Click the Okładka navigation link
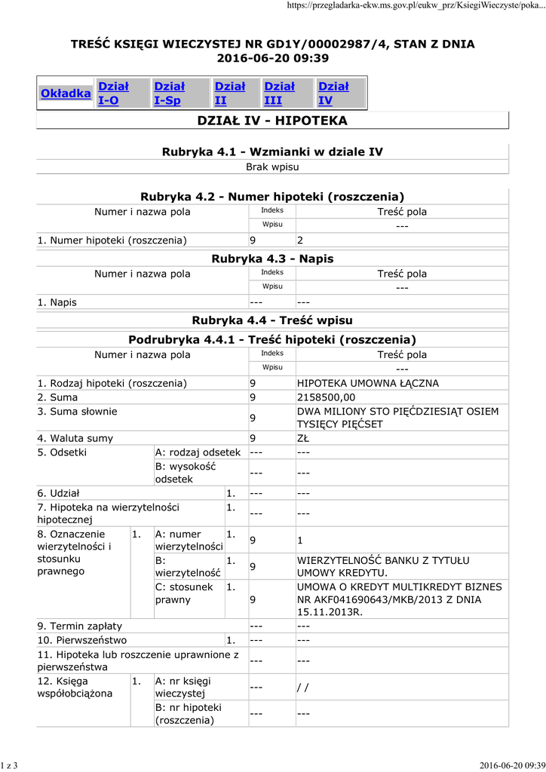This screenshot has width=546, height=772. coord(66,93)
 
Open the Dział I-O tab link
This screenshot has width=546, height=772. coord(113,93)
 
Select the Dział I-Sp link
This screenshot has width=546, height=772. coord(169,93)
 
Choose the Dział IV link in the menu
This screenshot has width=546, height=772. coord(333,93)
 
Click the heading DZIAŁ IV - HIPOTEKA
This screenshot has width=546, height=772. coord(272,121)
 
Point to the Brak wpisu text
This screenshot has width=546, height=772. coord(272,167)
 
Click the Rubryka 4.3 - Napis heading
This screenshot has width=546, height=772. coord(272,259)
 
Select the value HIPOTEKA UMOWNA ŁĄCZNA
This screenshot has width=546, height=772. coord(368,383)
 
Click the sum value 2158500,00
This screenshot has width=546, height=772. coord(326,397)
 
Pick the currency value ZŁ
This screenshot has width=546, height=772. coord(303,438)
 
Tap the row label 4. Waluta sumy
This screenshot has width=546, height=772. coord(75,438)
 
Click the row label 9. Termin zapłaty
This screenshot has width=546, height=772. coord(80,626)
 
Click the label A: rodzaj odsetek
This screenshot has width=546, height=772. coord(198,452)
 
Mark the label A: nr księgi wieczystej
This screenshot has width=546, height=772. coord(183,687)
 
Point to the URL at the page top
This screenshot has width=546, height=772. coord(416,6)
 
